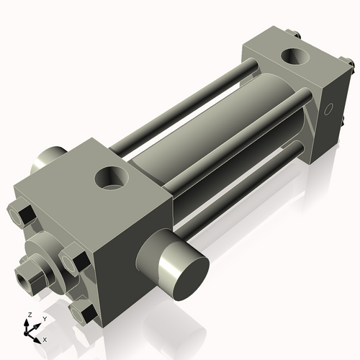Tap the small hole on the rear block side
(328, 109)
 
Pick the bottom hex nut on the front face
(83, 310)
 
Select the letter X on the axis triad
(45, 338)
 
